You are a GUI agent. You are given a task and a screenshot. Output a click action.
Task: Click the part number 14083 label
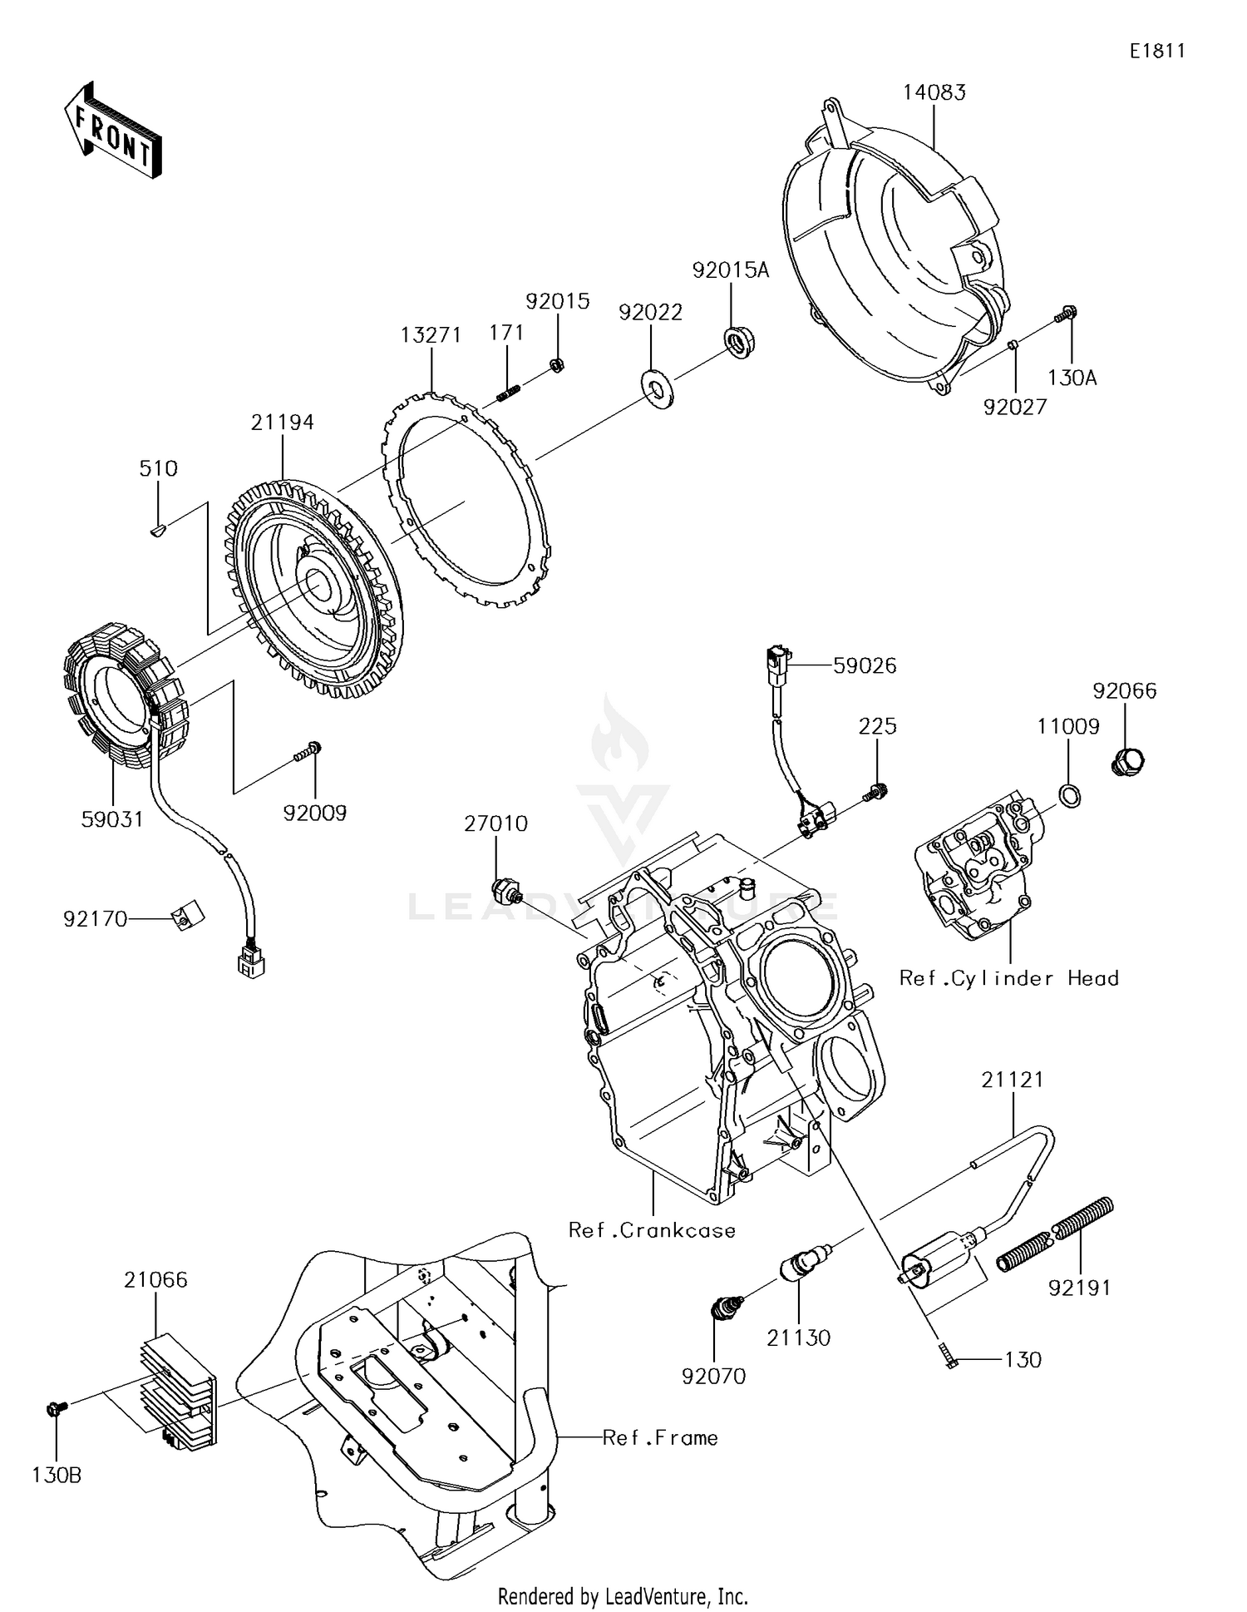coord(934,92)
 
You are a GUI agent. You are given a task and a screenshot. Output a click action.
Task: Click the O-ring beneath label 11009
coord(1071,796)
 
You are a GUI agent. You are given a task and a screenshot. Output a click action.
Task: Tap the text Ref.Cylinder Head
coord(1008,978)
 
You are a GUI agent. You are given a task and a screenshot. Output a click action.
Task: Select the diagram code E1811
coord(1156,51)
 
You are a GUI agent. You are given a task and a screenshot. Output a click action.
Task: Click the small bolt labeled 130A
coord(1067,315)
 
